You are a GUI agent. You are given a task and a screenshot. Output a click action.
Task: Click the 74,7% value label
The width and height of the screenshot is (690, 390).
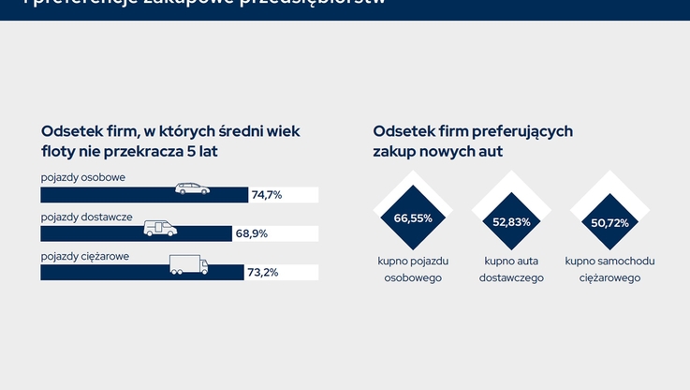[x=267, y=195]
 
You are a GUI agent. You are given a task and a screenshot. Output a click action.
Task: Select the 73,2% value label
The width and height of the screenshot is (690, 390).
[x=263, y=272]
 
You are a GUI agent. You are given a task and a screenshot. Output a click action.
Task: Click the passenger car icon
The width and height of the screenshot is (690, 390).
[x=193, y=189]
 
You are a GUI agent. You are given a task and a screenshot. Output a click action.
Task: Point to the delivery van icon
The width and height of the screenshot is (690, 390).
[x=159, y=228]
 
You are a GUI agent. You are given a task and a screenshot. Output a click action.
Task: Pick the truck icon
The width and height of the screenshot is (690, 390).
[x=188, y=265]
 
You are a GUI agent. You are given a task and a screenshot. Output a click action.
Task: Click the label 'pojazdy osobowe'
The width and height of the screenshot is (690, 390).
[x=83, y=177]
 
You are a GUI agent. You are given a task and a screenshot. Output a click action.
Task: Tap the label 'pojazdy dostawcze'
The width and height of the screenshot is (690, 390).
[x=86, y=216]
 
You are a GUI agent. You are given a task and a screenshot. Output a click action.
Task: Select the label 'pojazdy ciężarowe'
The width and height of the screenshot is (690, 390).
[x=85, y=255]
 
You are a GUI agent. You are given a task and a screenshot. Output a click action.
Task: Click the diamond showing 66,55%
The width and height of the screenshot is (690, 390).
[x=413, y=218]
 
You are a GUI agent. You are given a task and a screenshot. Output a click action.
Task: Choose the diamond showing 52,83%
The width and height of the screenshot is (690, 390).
[x=511, y=222]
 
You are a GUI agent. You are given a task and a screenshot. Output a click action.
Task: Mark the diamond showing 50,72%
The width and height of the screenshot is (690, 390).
[x=609, y=222]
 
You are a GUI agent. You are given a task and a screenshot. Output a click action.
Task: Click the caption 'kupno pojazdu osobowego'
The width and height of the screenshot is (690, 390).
[x=413, y=269]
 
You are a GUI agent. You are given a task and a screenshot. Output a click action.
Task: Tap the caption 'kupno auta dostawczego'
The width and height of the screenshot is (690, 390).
[x=511, y=269]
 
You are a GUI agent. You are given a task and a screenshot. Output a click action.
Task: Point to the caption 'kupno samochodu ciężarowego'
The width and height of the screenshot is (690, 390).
[x=609, y=269]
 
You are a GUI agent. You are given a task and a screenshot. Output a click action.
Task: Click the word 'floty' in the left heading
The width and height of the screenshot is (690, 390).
[x=59, y=150]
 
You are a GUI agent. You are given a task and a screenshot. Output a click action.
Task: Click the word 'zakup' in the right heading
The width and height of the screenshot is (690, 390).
[x=395, y=150]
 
